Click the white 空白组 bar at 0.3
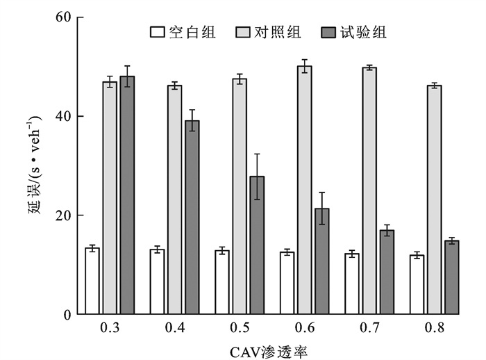pos(92,281)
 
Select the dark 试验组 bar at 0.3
pos(127,195)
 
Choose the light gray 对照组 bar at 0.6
pos(304,190)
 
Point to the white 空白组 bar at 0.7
pos(352,284)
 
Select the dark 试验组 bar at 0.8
pos(452,277)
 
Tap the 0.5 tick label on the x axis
pos(240,327)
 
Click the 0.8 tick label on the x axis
pos(435,327)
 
